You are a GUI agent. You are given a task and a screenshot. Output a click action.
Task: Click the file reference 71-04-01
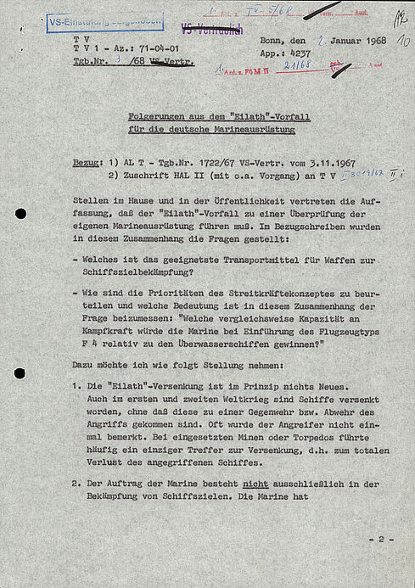[x=158, y=50]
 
